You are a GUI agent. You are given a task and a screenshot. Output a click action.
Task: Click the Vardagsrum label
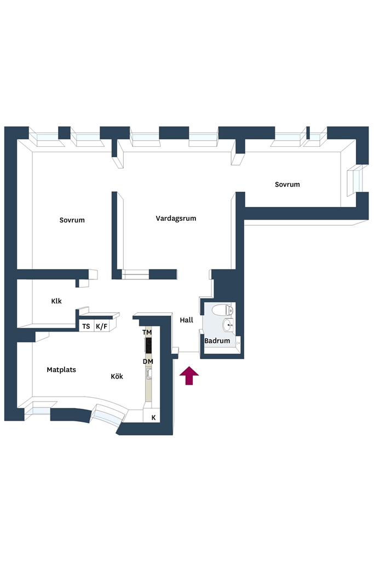(x=176, y=218)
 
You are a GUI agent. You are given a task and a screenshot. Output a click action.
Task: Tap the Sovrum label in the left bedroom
(x=72, y=220)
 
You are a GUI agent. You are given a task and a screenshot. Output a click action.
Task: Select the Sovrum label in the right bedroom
(x=287, y=185)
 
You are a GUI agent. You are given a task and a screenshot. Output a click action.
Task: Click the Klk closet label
(x=56, y=301)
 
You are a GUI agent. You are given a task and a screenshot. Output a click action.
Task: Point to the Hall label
(x=187, y=320)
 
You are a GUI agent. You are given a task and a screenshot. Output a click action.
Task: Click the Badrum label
(x=217, y=341)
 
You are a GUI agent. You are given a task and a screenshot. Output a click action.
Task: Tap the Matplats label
(x=61, y=370)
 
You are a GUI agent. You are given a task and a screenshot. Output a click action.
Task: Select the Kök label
(x=117, y=376)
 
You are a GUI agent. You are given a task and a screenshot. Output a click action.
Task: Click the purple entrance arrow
(x=189, y=376)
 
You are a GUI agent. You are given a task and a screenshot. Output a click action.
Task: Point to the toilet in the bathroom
(x=222, y=310)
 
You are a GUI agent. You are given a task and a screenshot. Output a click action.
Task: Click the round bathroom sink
(x=228, y=325)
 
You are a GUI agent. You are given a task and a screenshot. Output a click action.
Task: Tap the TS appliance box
(x=86, y=326)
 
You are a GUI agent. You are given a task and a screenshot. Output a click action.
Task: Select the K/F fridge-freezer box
(x=101, y=326)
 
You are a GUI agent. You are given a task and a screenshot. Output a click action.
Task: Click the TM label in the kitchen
(x=147, y=333)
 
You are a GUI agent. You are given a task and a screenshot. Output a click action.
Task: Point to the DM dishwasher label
(x=148, y=362)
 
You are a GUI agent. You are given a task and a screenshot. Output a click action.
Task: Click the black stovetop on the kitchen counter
(x=148, y=345)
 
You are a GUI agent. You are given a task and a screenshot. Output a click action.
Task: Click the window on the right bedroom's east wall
(x=356, y=180)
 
